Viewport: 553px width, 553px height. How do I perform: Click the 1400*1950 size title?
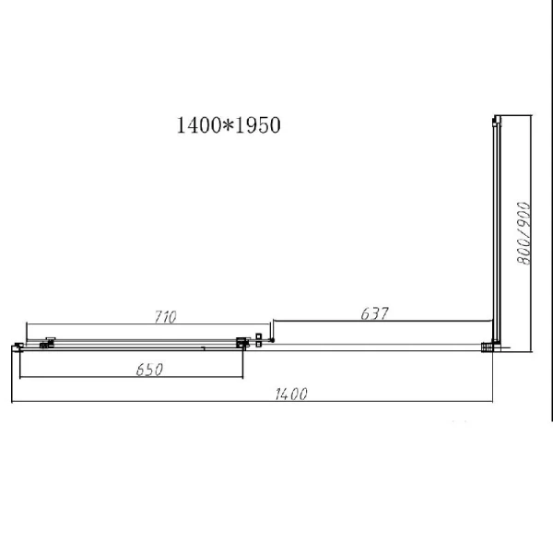[228, 126]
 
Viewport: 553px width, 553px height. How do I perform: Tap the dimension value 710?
[165, 316]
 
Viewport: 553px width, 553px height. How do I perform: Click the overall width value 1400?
[289, 394]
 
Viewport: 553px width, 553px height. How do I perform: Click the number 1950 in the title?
[258, 126]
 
